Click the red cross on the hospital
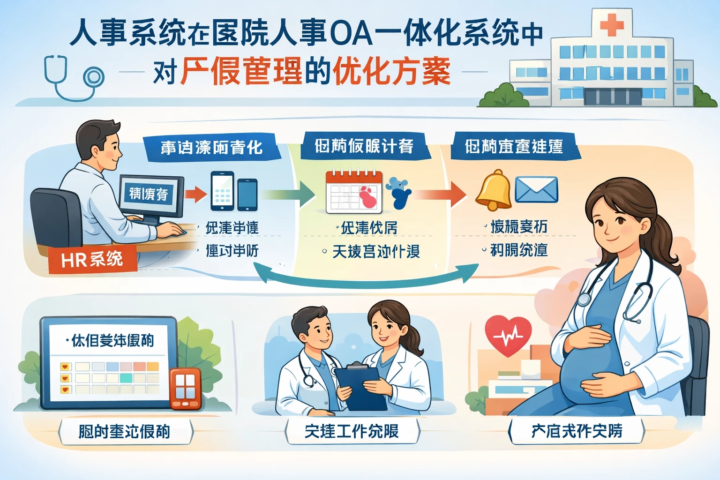tap(612, 24)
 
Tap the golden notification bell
tap(493, 190)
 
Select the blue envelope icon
tap(536, 189)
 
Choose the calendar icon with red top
tap(354, 192)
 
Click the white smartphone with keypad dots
tap(222, 191)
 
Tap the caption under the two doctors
tap(352, 431)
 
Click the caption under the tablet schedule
tap(125, 431)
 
